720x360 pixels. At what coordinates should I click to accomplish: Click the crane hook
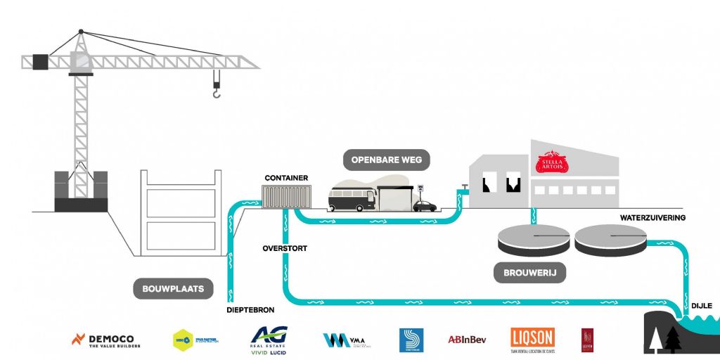point(217,91)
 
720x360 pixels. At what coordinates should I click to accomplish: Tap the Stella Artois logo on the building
point(551,164)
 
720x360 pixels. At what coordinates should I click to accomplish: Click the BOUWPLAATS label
point(173,288)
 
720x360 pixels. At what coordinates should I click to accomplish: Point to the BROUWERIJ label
point(530,273)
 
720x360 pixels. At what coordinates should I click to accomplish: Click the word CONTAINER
point(286,178)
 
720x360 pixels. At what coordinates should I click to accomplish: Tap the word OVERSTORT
point(285,248)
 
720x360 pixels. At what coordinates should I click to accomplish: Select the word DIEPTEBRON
point(250,309)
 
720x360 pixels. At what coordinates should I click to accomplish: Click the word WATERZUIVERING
point(652,218)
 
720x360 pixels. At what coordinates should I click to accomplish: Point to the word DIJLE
point(702,305)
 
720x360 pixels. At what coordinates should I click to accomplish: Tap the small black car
point(425,206)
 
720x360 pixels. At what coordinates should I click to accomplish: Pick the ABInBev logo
point(468,340)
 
